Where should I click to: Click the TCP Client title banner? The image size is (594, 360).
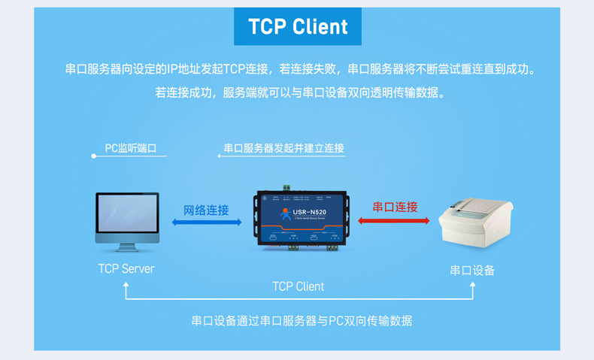(298, 27)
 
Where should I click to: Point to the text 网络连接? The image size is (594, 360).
(207, 210)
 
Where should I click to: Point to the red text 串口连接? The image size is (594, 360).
(395, 207)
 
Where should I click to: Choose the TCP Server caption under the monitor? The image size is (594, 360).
(126, 268)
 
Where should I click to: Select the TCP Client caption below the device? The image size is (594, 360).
(299, 286)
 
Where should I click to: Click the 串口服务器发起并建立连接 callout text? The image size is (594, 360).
(284, 149)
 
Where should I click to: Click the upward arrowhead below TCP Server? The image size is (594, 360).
(126, 286)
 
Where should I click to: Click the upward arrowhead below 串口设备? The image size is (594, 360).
(472, 286)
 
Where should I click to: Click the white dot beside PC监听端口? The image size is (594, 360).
(93, 156)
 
